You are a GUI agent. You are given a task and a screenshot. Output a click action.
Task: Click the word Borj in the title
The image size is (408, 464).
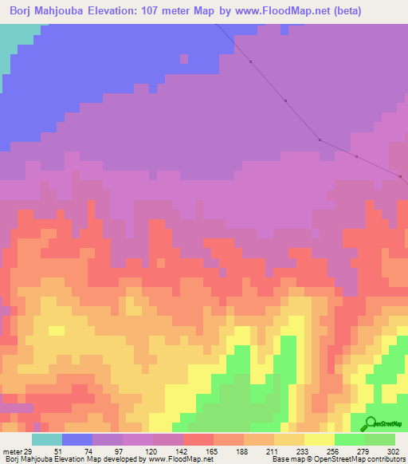point(24,11)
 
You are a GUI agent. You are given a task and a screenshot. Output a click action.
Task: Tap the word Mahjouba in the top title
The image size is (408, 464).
point(67,11)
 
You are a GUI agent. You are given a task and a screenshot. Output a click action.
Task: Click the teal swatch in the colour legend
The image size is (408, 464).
point(47,439)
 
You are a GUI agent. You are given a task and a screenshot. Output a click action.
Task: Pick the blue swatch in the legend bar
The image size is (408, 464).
point(77,439)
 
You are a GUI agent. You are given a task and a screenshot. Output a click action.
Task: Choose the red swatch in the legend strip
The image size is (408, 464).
point(198,439)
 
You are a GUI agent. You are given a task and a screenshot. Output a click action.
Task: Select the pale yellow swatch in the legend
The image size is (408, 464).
point(320,439)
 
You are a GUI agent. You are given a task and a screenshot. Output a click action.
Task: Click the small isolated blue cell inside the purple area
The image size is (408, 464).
point(184,58)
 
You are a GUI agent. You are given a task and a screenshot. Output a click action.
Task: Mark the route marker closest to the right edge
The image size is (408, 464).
point(399,175)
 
